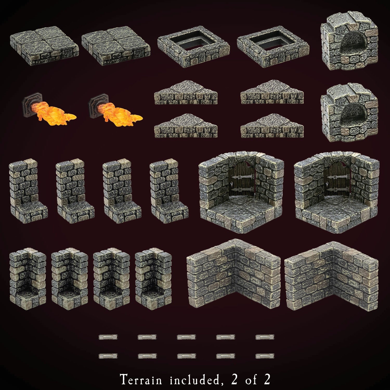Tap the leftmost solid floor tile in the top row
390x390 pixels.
[x=44, y=45]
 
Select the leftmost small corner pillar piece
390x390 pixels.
[x=28, y=277]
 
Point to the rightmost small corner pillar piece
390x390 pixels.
[x=153, y=277]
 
